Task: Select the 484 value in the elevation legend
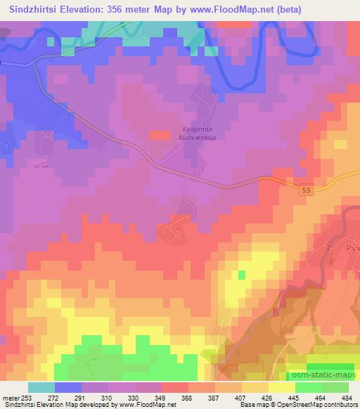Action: (x=347, y=398)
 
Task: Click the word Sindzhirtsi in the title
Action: (x=32, y=8)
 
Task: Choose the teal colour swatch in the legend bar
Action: (x=41, y=387)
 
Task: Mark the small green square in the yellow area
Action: (x=243, y=274)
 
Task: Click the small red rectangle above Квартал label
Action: (x=160, y=134)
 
